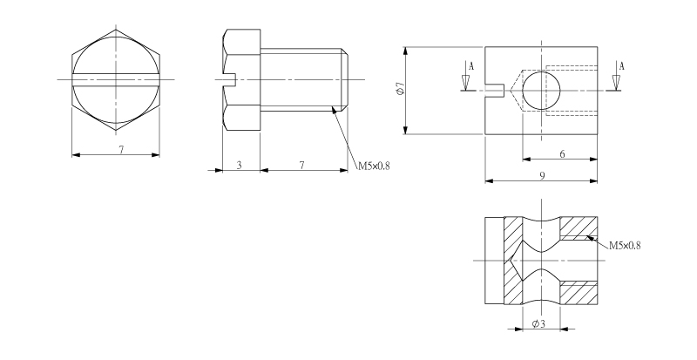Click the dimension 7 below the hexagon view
pos(121,150)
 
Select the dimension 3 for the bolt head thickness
pos(239,165)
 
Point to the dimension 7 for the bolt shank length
pos(301,165)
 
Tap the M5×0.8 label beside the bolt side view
pos(374,166)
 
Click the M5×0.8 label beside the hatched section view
pos(625,245)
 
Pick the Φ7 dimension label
pos(400,89)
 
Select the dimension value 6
pos(562,154)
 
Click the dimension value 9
pos(542,176)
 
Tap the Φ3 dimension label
pos(538,324)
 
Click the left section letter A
pos(471,67)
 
